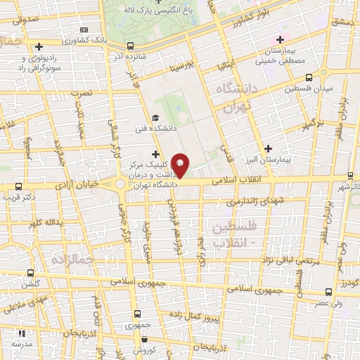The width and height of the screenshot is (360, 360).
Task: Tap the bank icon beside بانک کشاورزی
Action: coord(85,30)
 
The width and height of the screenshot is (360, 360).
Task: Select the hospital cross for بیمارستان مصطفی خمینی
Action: coord(281,39)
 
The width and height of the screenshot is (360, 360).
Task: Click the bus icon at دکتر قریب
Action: coord(19,187)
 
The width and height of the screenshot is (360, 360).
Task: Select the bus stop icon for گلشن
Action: coord(30,273)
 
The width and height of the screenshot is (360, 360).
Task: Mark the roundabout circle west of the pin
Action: coord(121,186)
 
